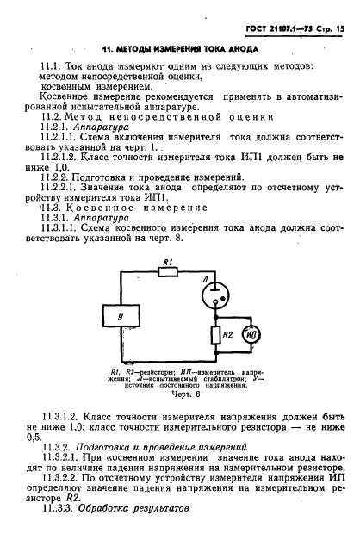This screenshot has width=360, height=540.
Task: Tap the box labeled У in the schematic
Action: (130, 317)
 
